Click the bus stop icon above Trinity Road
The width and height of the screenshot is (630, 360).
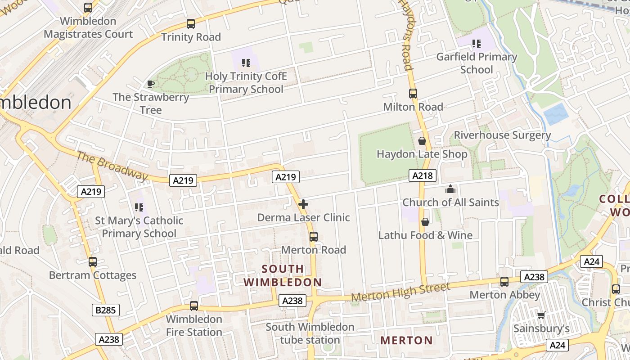(191, 24)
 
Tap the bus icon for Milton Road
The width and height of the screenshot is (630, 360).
(413, 94)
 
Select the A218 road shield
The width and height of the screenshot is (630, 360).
(423, 175)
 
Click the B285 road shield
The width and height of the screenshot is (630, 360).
(106, 310)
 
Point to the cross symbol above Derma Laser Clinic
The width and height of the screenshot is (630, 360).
(303, 204)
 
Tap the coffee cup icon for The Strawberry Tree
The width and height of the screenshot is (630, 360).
(151, 84)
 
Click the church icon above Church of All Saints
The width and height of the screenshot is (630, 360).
(450, 189)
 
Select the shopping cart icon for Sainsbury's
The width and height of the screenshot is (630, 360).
(541, 315)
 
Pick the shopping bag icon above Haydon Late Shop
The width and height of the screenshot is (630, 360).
(422, 141)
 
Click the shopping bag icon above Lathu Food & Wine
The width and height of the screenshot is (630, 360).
(425, 222)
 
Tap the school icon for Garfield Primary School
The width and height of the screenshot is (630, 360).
(477, 44)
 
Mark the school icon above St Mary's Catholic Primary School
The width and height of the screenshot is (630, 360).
(139, 207)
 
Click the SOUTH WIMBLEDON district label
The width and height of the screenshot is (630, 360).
(283, 276)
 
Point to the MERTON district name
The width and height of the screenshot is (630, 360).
(406, 341)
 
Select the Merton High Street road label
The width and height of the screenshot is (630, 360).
(400, 292)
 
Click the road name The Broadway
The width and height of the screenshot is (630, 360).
(112, 166)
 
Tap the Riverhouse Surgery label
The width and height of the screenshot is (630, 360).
(502, 135)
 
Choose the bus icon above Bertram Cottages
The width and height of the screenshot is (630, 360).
(93, 262)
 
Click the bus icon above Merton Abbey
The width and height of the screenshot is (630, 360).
(504, 282)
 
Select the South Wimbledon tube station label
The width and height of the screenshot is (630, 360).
(310, 333)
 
